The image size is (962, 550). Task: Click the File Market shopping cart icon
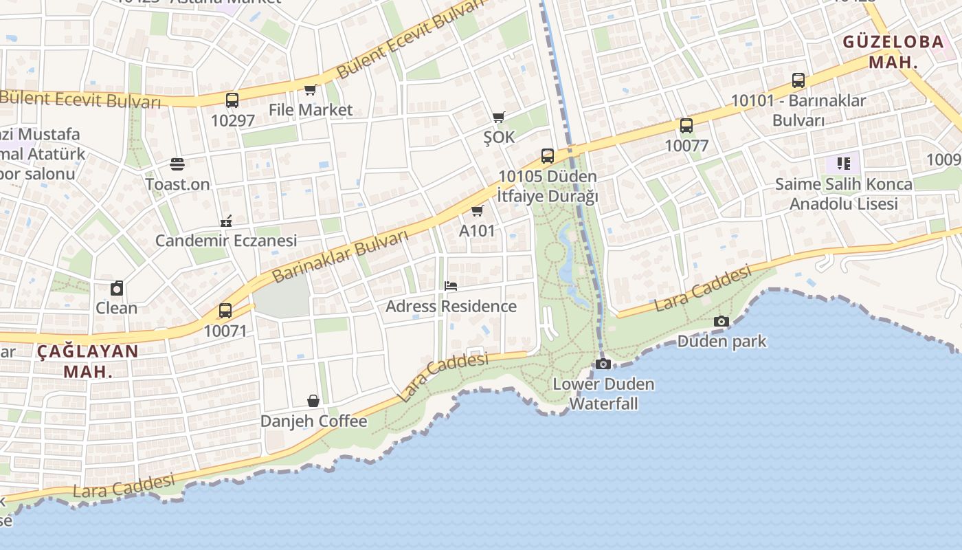pos(310,89)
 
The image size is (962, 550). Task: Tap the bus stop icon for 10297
pos(232,100)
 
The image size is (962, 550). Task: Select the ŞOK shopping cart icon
pos(498,117)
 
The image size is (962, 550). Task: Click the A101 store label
pos(477,230)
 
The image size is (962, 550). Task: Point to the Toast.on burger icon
pos(177,164)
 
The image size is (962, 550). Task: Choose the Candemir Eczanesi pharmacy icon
pos(226,221)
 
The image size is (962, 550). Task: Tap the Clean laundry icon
pos(117,288)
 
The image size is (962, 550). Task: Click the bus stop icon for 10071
pos(225,311)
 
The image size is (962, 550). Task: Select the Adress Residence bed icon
pos(451,285)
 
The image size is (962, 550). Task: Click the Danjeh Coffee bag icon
pos(313,401)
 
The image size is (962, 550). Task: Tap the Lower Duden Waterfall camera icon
pos(603,364)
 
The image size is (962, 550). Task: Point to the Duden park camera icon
pos(721,321)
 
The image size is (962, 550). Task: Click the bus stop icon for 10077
pos(686,125)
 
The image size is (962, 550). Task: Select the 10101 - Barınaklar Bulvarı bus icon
pos(798,80)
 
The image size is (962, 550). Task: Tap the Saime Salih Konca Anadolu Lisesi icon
pos(844,164)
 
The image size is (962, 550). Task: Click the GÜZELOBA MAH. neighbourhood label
pos(893,52)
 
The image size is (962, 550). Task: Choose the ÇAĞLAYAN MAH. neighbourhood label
pos(87,362)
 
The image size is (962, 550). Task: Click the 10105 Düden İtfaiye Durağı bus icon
pos(548,156)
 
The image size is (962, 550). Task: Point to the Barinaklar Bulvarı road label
pos(340,256)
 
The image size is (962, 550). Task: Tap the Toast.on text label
pos(177,184)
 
